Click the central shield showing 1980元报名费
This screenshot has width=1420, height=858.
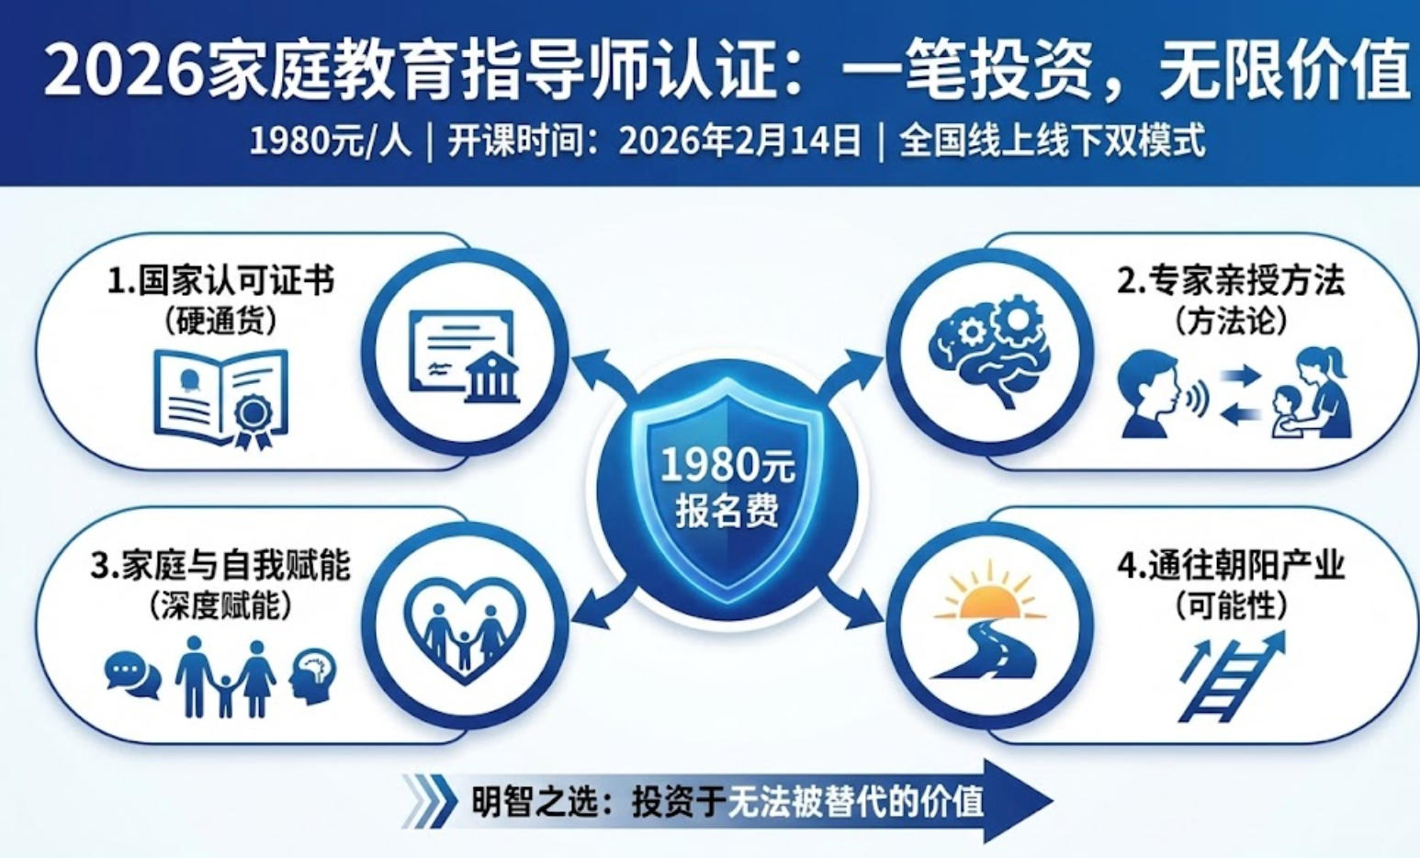pyautogui.click(x=727, y=487)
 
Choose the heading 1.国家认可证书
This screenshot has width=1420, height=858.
pyautogui.click(x=220, y=281)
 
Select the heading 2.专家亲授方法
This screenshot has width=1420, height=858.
pyautogui.click(x=1231, y=281)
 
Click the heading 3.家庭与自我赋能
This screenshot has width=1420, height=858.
pyautogui.click(x=220, y=566)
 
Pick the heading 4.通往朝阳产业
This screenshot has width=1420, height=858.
pyautogui.click(x=1231, y=566)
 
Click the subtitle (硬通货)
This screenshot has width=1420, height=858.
pyautogui.click(x=221, y=322)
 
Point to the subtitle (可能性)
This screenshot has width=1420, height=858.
pyautogui.click(x=1231, y=606)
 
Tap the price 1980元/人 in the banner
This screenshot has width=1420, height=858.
pyautogui.click(x=331, y=142)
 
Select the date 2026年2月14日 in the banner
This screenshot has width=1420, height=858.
pyautogui.click(x=740, y=142)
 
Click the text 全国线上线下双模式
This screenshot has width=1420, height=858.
pyautogui.click(x=1052, y=142)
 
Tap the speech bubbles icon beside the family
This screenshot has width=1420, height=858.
pyautogui.click(x=132, y=673)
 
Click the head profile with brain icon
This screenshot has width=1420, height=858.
pyautogui.click(x=312, y=675)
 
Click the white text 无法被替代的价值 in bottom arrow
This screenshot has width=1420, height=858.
pyautogui.click(x=855, y=802)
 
